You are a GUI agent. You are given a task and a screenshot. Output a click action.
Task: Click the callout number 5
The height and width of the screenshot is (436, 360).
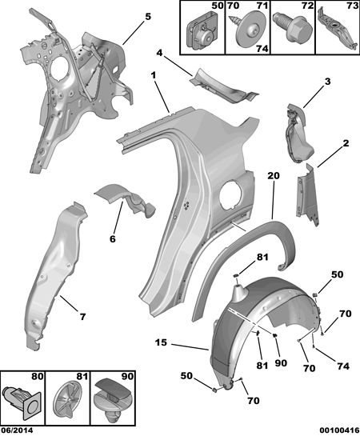[x=148, y=17]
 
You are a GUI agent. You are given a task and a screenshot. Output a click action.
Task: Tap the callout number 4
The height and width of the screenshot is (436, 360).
[x=159, y=53]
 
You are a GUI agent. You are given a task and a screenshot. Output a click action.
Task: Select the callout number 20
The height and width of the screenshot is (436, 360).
[x=274, y=176]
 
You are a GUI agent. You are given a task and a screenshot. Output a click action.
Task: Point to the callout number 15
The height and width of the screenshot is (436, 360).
[x=162, y=342]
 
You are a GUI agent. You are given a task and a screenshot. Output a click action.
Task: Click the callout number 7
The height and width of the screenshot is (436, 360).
[x=82, y=317]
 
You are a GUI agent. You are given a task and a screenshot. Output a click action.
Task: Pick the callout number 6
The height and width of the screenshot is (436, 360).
[x=112, y=239]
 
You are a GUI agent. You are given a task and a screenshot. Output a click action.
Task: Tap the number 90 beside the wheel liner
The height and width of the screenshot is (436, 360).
[x=281, y=363]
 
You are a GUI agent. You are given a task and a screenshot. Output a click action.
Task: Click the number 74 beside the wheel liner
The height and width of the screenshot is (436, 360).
[x=342, y=366]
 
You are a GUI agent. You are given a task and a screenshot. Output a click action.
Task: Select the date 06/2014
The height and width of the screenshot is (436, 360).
[x=17, y=430]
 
